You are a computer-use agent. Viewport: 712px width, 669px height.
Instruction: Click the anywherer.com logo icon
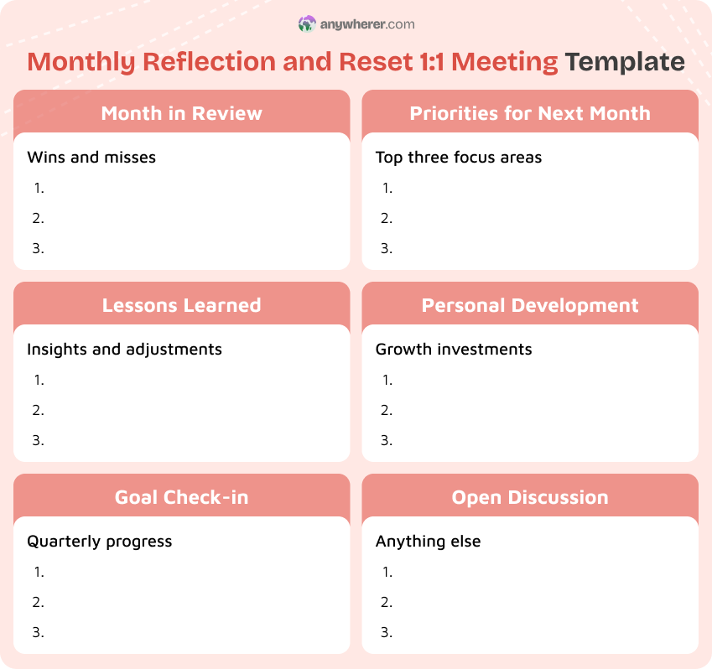pyautogui.click(x=307, y=24)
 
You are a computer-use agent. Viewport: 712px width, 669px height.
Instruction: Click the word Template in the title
pyautogui.click(x=624, y=62)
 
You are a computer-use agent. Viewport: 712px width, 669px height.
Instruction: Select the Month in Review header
pyautogui.click(x=181, y=113)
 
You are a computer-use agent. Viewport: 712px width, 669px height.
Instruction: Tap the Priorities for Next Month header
pyautogui.click(x=530, y=113)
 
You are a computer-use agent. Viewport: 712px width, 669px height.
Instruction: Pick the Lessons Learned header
pyautogui.click(x=181, y=305)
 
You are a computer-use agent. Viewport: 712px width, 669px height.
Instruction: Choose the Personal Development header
pyautogui.click(x=530, y=305)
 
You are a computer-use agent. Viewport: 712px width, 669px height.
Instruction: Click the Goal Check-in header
pyautogui.click(x=181, y=497)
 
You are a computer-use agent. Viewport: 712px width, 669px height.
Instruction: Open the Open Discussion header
pyautogui.click(x=530, y=497)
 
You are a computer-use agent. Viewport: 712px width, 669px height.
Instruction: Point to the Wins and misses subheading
pyautogui.click(x=91, y=157)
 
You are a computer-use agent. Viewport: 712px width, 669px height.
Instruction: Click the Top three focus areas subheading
pyautogui.click(x=459, y=157)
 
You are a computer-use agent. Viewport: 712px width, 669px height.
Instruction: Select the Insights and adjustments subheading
pyautogui.click(x=124, y=349)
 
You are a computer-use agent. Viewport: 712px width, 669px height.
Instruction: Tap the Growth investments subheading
pyautogui.click(x=454, y=349)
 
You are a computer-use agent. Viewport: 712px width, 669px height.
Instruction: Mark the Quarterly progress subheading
pyautogui.click(x=99, y=541)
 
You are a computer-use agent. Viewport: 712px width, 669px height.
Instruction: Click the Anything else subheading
pyautogui.click(x=428, y=541)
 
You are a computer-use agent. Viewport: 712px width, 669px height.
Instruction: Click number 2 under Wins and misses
pyautogui.click(x=39, y=218)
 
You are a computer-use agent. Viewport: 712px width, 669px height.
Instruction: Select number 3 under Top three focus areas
pyautogui.click(x=387, y=248)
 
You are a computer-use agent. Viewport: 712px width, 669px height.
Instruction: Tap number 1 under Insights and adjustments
pyautogui.click(x=39, y=380)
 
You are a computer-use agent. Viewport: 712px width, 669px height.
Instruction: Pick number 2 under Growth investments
pyautogui.click(x=387, y=410)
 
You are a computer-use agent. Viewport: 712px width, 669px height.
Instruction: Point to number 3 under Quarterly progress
pyautogui.click(x=39, y=632)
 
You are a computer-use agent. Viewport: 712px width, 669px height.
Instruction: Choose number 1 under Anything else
pyautogui.click(x=387, y=572)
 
